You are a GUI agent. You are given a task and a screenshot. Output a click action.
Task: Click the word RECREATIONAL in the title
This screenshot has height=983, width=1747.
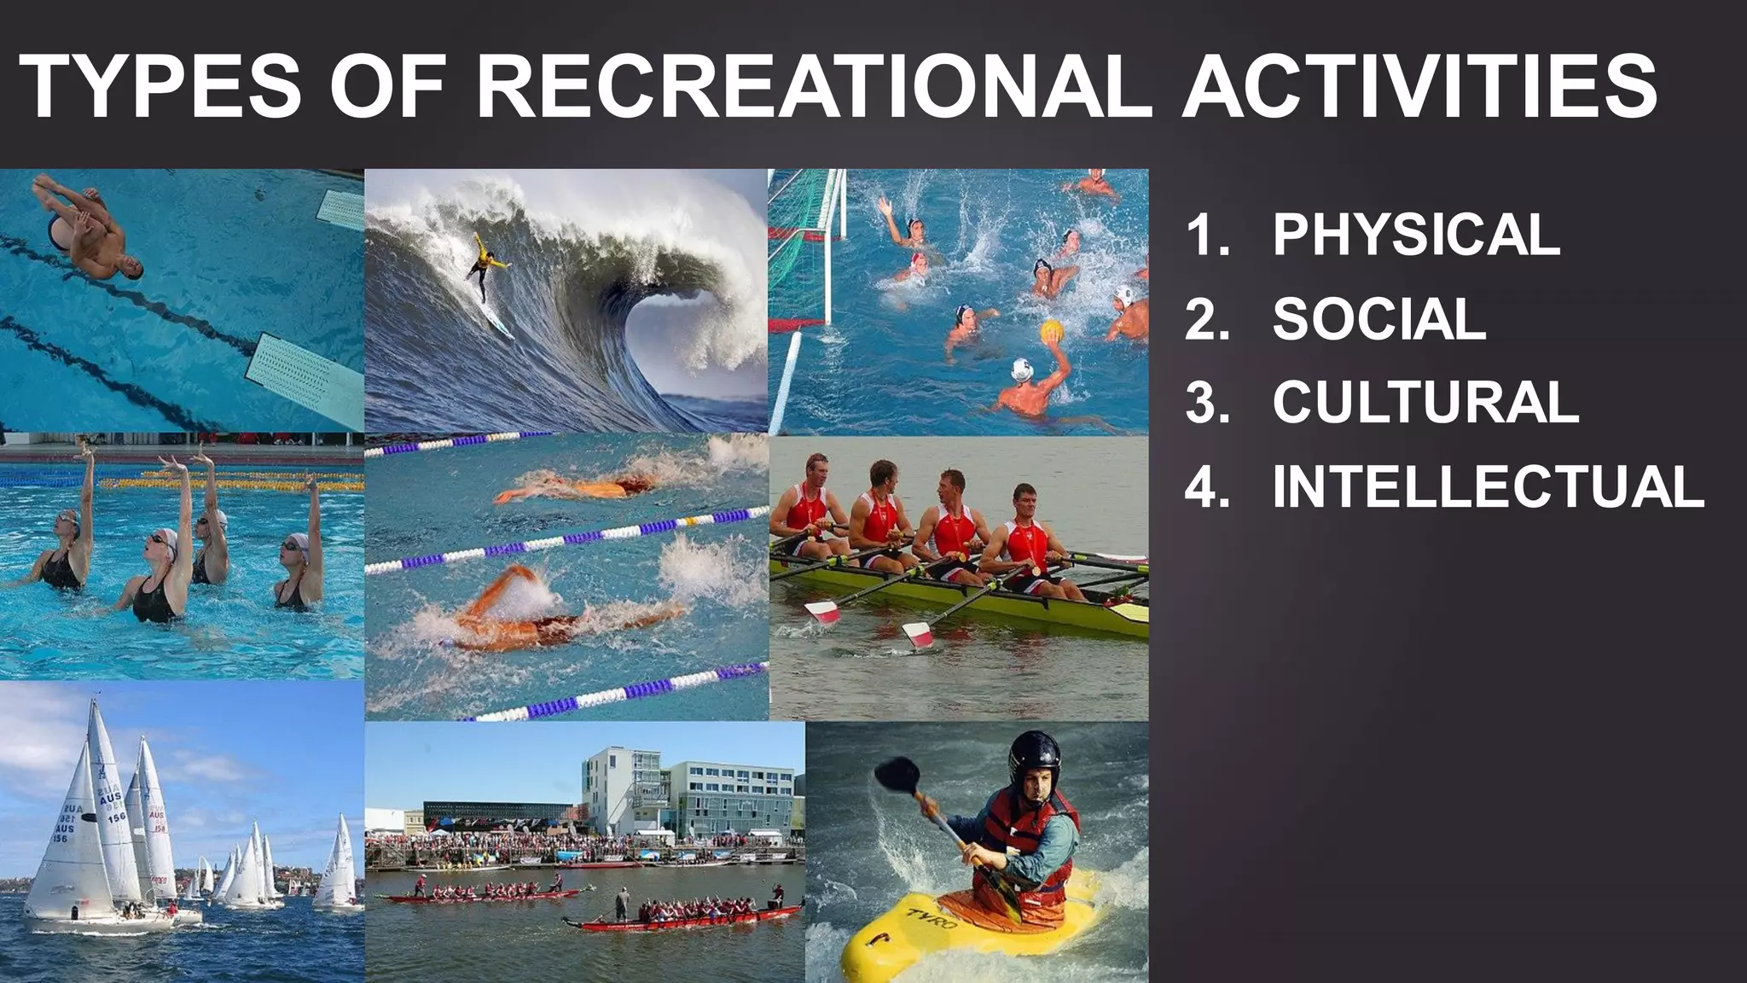pyautogui.click(x=813, y=87)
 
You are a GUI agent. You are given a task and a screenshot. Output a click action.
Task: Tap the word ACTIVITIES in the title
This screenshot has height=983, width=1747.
pyautogui.click(x=1419, y=87)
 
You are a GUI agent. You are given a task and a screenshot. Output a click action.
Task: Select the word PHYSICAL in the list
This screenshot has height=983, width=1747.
pyautogui.click(x=1416, y=235)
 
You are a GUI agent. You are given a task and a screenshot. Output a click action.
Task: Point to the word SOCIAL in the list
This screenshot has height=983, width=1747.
pyautogui.click(x=1378, y=319)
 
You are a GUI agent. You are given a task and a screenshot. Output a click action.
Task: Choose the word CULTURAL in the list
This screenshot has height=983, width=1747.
pyautogui.click(x=1425, y=402)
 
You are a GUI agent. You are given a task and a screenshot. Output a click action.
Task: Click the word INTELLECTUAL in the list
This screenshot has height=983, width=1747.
pyautogui.click(x=1488, y=487)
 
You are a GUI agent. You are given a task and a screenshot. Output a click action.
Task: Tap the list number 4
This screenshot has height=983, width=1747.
pyautogui.click(x=1207, y=487)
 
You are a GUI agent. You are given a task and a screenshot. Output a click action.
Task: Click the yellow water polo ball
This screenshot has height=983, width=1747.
pyautogui.click(x=1052, y=330)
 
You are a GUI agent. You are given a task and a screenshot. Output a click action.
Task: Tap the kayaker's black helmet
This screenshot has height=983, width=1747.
pyautogui.click(x=1034, y=755)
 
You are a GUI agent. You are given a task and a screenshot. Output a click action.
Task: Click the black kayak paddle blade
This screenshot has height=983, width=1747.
pyautogui.click(x=897, y=774)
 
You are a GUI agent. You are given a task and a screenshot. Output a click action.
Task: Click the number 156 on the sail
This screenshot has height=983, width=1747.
pyautogui.click(x=116, y=817)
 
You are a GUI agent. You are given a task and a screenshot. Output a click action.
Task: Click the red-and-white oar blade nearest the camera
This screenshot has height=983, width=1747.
pyautogui.click(x=918, y=634)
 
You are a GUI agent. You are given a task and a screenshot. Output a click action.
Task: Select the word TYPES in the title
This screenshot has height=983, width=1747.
pyautogui.click(x=160, y=87)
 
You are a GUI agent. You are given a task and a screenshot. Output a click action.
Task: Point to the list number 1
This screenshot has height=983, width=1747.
pyautogui.click(x=1207, y=235)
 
